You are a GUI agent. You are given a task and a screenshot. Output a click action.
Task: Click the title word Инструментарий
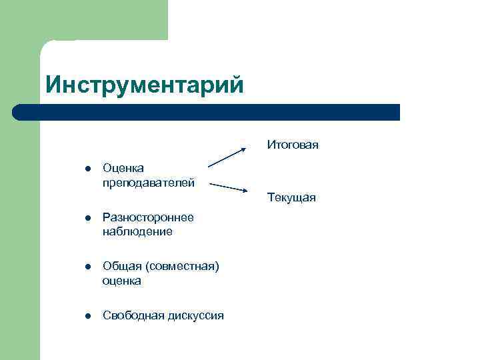tap(145, 85)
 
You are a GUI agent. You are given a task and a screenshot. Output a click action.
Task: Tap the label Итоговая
tap(293, 145)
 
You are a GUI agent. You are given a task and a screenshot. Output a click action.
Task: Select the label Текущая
tap(291, 198)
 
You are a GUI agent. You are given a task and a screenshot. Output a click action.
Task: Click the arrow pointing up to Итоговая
tap(227, 157)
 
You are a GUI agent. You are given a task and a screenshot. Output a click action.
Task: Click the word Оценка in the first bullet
tap(123, 168)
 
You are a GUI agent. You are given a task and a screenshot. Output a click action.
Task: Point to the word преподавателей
tap(149, 182)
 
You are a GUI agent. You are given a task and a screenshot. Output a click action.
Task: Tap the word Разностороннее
tap(148, 217)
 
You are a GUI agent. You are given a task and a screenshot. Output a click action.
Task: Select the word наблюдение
tap(137, 231)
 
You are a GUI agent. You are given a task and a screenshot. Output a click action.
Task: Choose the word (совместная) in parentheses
tap(180, 267)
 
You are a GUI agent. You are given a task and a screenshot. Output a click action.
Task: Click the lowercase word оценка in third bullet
tap(122, 281)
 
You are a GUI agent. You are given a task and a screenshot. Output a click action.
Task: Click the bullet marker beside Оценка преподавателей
tap(87, 169)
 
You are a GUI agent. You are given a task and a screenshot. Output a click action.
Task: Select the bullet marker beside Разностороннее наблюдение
tap(87, 218)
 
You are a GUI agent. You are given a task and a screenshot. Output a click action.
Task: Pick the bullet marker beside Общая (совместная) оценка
tap(87, 267)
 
